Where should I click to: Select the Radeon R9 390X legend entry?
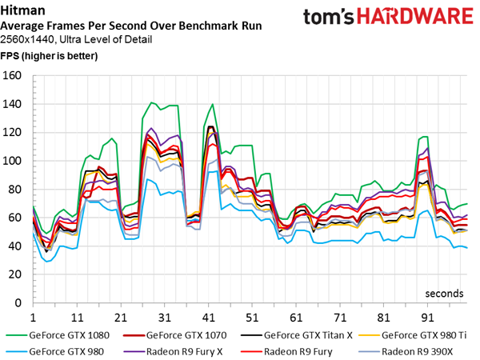click(x=423, y=349)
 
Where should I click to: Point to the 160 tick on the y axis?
click(x=14, y=76)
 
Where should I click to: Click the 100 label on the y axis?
click(x=14, y=162)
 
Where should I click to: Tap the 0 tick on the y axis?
click(x=20, y=305)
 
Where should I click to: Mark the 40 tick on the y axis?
click(x=16, y=247)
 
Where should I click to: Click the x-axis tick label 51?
click(x=251, y=317)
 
